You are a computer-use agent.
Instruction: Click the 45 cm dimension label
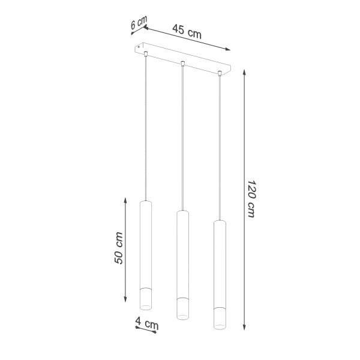pos(187,31)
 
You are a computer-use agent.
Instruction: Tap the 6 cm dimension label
pos(139,24)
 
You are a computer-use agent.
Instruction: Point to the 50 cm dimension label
pos(119,248)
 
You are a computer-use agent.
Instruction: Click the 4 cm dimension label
pos(147,324)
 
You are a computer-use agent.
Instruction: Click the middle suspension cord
pos(182,138)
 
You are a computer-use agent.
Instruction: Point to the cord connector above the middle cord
pos(182,62)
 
